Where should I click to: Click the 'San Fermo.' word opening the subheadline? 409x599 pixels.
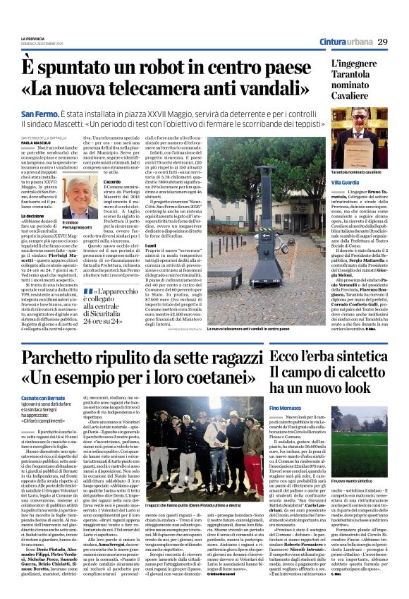(39, 114)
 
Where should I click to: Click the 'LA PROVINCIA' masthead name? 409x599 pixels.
(35, 38)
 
